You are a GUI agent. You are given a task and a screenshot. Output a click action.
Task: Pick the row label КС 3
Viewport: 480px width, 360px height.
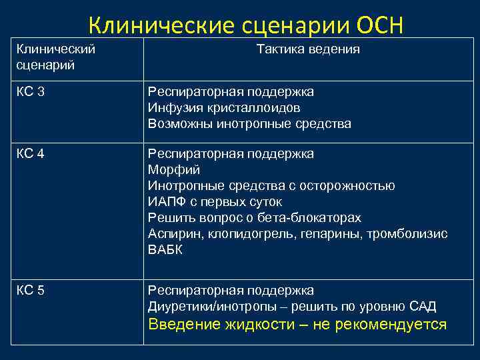[x=31, y=91]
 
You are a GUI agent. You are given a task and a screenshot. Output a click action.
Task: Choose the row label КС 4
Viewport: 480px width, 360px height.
[x=31, y=154]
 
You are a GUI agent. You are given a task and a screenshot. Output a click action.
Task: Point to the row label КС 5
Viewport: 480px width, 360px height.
[x=31, y=291]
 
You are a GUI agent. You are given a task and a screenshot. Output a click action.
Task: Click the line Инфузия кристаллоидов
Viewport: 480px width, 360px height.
[x=224, y=107]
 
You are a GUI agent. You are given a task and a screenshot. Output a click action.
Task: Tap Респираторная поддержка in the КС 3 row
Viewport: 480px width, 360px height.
[x=231, y=91]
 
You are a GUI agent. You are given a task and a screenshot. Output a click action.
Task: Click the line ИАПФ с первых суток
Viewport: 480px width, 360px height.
[x=215, y=202]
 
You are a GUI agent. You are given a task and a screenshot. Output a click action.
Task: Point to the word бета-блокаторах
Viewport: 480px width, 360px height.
[x=314, y=218]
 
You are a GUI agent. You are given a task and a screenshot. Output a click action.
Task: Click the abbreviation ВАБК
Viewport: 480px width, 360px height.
[x=165, y=250]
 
